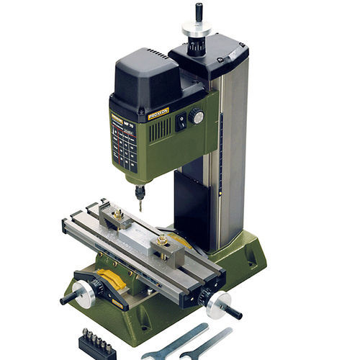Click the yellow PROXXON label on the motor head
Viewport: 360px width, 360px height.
(x=158, y=113)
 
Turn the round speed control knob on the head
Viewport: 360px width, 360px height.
(x=197, y=117)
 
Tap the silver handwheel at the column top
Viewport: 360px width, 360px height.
(x=196, y=27)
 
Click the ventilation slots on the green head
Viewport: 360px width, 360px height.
(x=159, y=130)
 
